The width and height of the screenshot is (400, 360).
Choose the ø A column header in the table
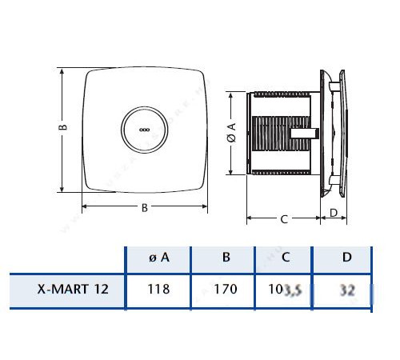(158, 258)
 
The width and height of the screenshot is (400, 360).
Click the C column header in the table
(286, 258)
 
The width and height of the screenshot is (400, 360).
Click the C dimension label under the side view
(284, 218)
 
